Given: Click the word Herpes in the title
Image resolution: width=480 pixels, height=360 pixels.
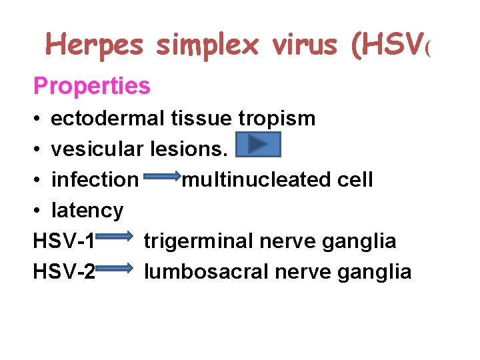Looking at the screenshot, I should coord(94,45).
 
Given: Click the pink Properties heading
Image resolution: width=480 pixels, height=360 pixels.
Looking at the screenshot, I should coord(92,85).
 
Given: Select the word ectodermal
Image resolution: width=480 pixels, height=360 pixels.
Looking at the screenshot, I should coord(107,119).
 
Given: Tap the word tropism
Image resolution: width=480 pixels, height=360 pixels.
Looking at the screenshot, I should coord(278,119).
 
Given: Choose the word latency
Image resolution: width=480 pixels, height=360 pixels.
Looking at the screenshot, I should coord(87,211).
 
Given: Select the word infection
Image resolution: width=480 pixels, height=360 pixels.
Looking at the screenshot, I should coord(94,179).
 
